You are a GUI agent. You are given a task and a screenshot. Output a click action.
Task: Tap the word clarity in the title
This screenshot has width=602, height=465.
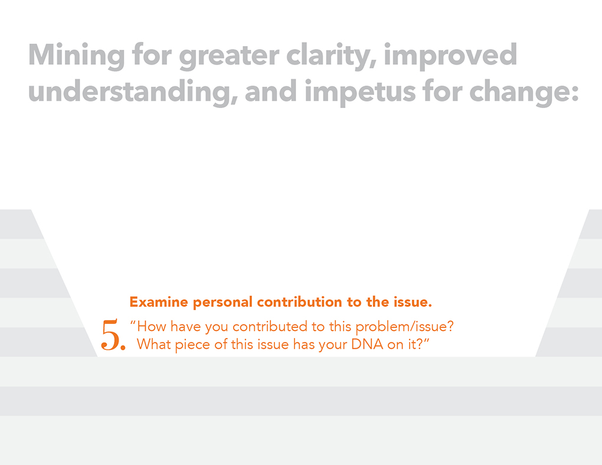pos(331,56)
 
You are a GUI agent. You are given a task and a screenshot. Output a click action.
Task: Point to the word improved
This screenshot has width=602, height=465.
pos(450,56)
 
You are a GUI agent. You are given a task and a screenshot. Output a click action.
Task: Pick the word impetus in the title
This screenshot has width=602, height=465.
pos(360,93)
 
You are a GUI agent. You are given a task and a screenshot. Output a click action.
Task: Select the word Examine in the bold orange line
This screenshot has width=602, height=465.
pos(159,302)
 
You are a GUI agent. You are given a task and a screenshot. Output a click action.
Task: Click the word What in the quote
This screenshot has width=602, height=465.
pos(153,344)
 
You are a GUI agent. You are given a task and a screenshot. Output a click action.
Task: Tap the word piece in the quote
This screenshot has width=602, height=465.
pos(193,345)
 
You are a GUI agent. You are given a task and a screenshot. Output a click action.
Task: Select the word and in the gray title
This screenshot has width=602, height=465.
pos(271,93)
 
